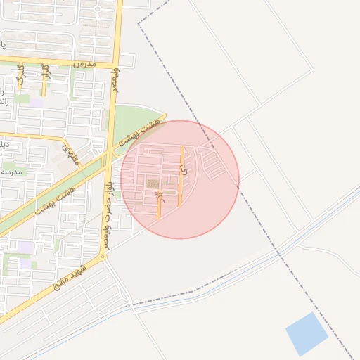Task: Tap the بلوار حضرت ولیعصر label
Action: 109,204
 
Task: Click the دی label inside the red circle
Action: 184,169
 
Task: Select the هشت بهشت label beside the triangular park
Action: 141,132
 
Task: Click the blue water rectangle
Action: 307,334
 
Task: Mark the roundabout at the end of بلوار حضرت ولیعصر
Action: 104,257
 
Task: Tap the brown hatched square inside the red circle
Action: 153,184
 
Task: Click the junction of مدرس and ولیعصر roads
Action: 113,66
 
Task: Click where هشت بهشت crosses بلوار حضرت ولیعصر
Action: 107,157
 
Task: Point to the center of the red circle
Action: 180,179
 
